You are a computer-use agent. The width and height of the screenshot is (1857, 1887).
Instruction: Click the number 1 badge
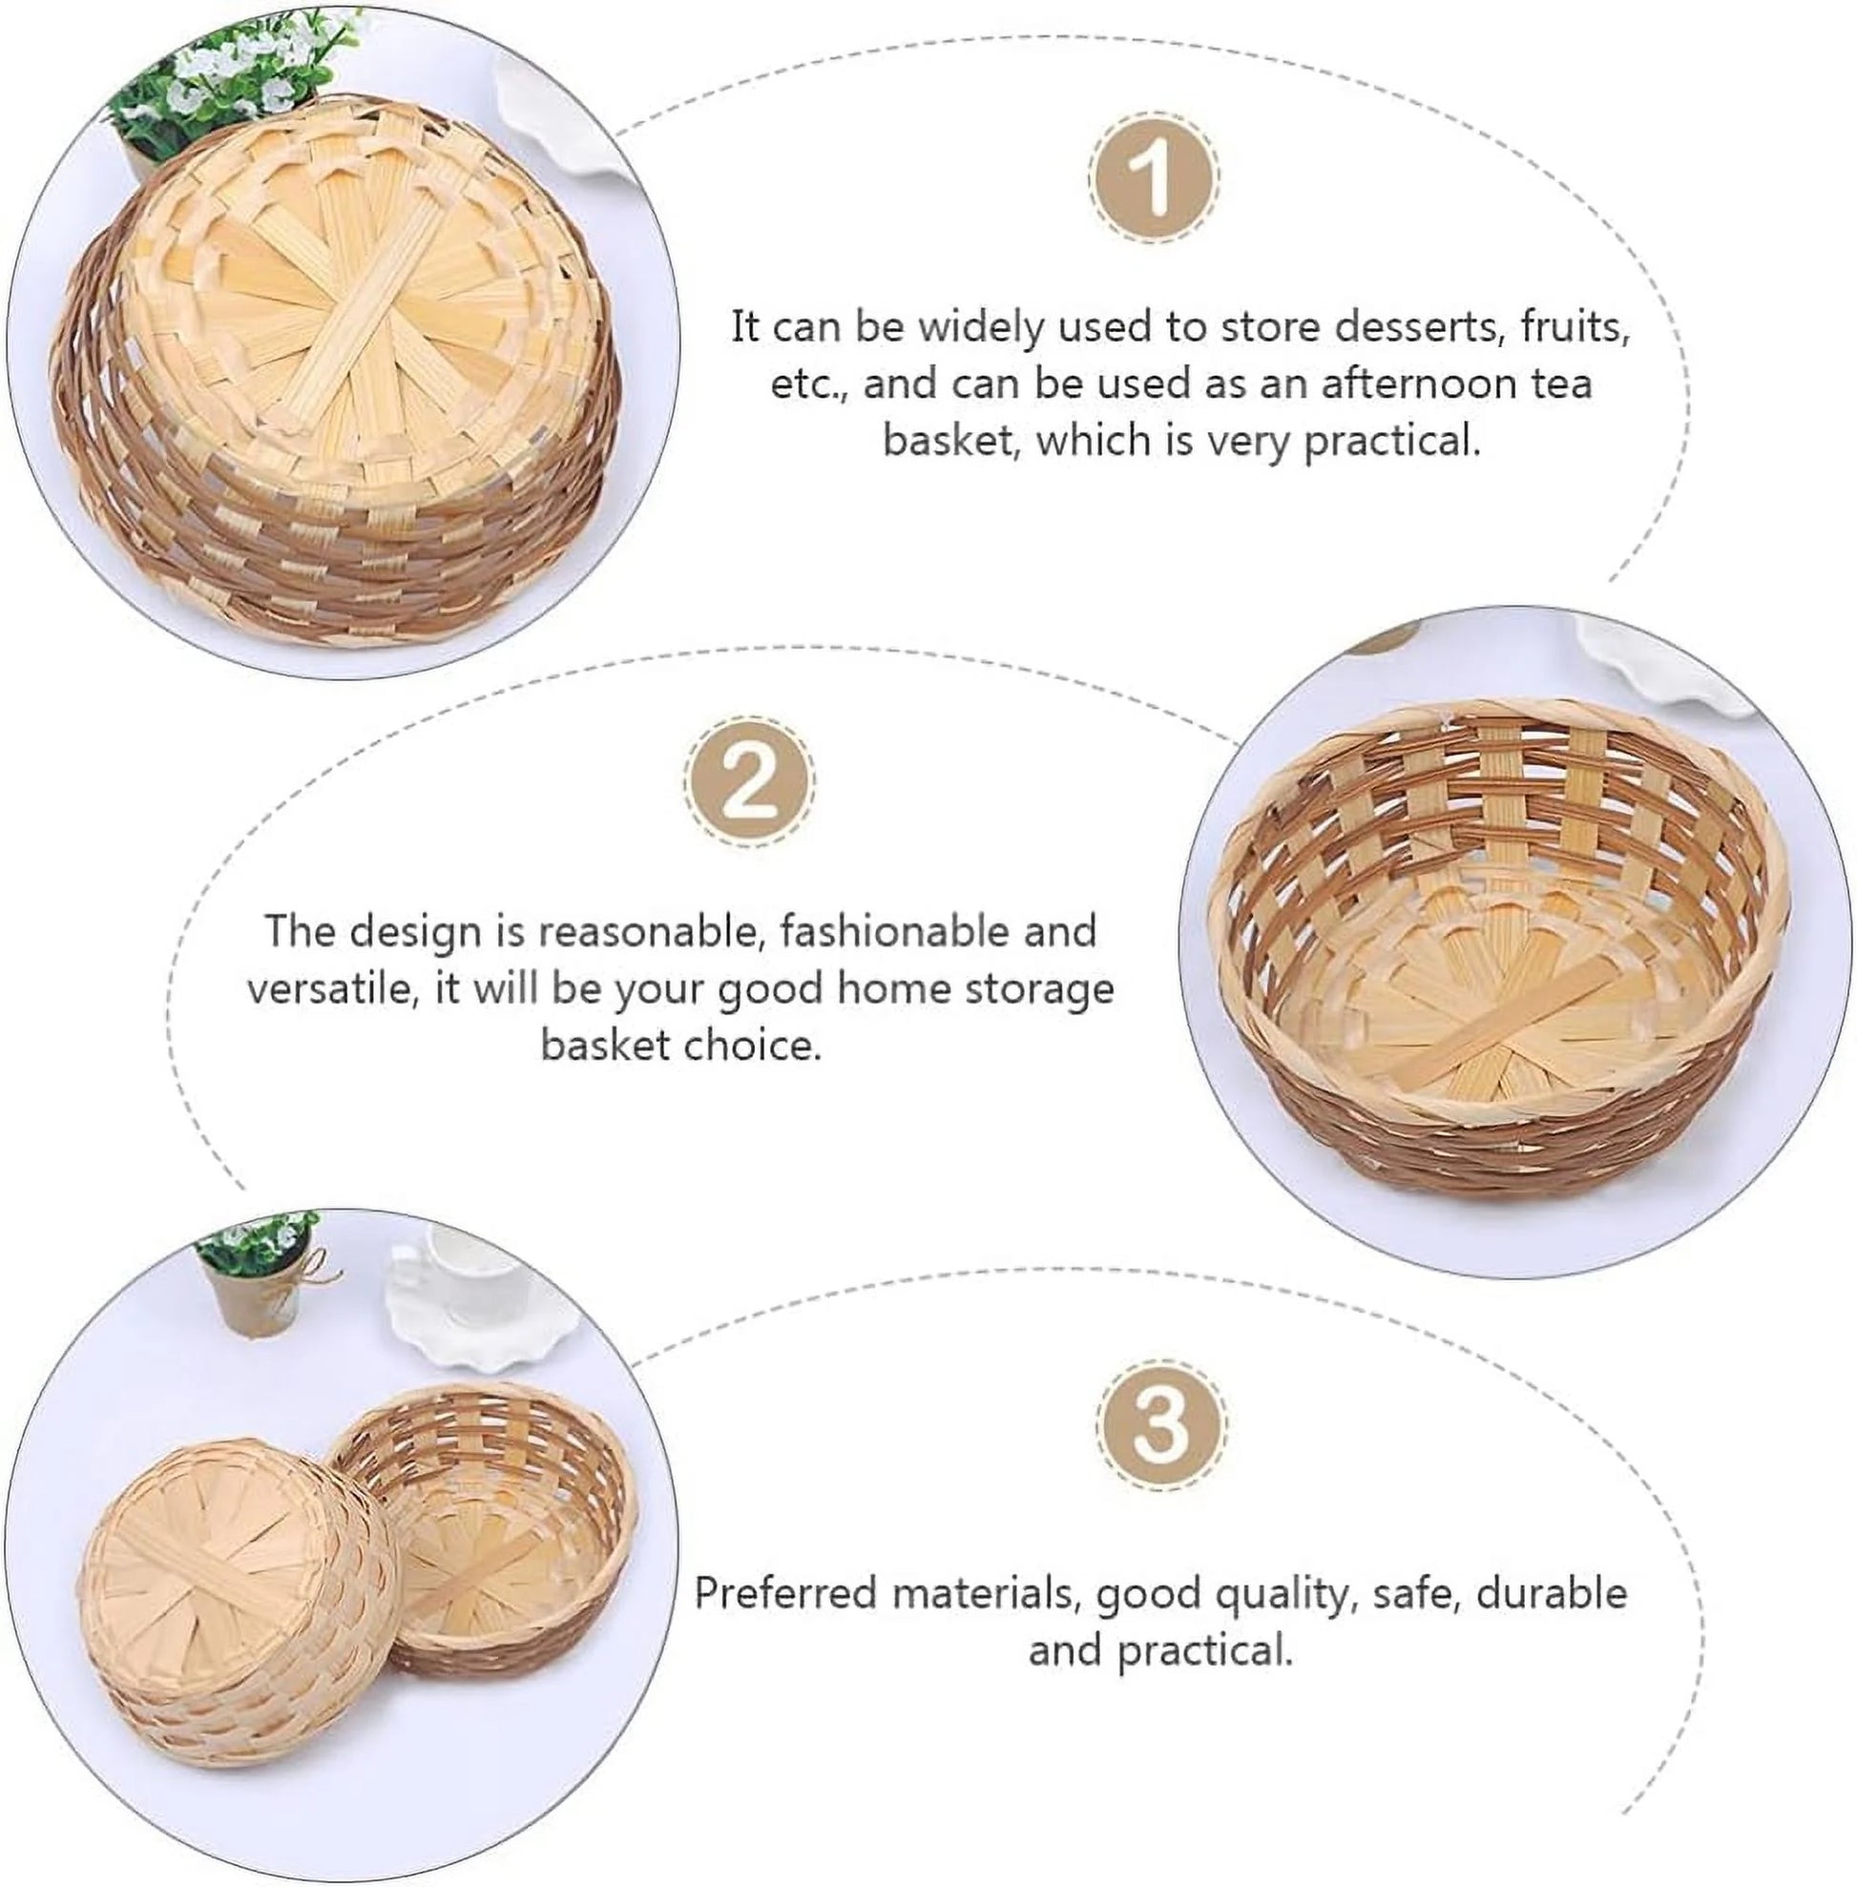pyautogui.click(x=1154, y=179)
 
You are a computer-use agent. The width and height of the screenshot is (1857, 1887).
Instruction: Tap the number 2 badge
pyautogui.click(x=749, y=781)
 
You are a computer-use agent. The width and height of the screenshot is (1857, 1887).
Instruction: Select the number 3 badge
pyautogui.click(x=1161, y=1424)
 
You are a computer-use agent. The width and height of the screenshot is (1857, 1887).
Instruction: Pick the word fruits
pyautogui.click(x=1575, y=326)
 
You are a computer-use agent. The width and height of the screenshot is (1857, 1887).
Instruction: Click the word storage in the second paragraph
pyautogui.click(x=1043, y=989)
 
